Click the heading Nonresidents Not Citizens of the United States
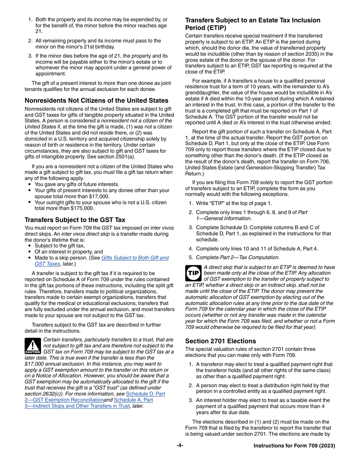click(x=96, y=101)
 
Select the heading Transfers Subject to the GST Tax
click(x=75, y=220)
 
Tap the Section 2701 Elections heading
click(x=221, y=341)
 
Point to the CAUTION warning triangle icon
click(x=33, y=346)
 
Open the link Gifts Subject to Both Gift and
click(x=135, y=258)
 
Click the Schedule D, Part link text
click(x=146, y=394)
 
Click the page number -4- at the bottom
click(x=180, y=446)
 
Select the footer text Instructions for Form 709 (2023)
click(x=294, y=446)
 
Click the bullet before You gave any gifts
click(x=30, y=185)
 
